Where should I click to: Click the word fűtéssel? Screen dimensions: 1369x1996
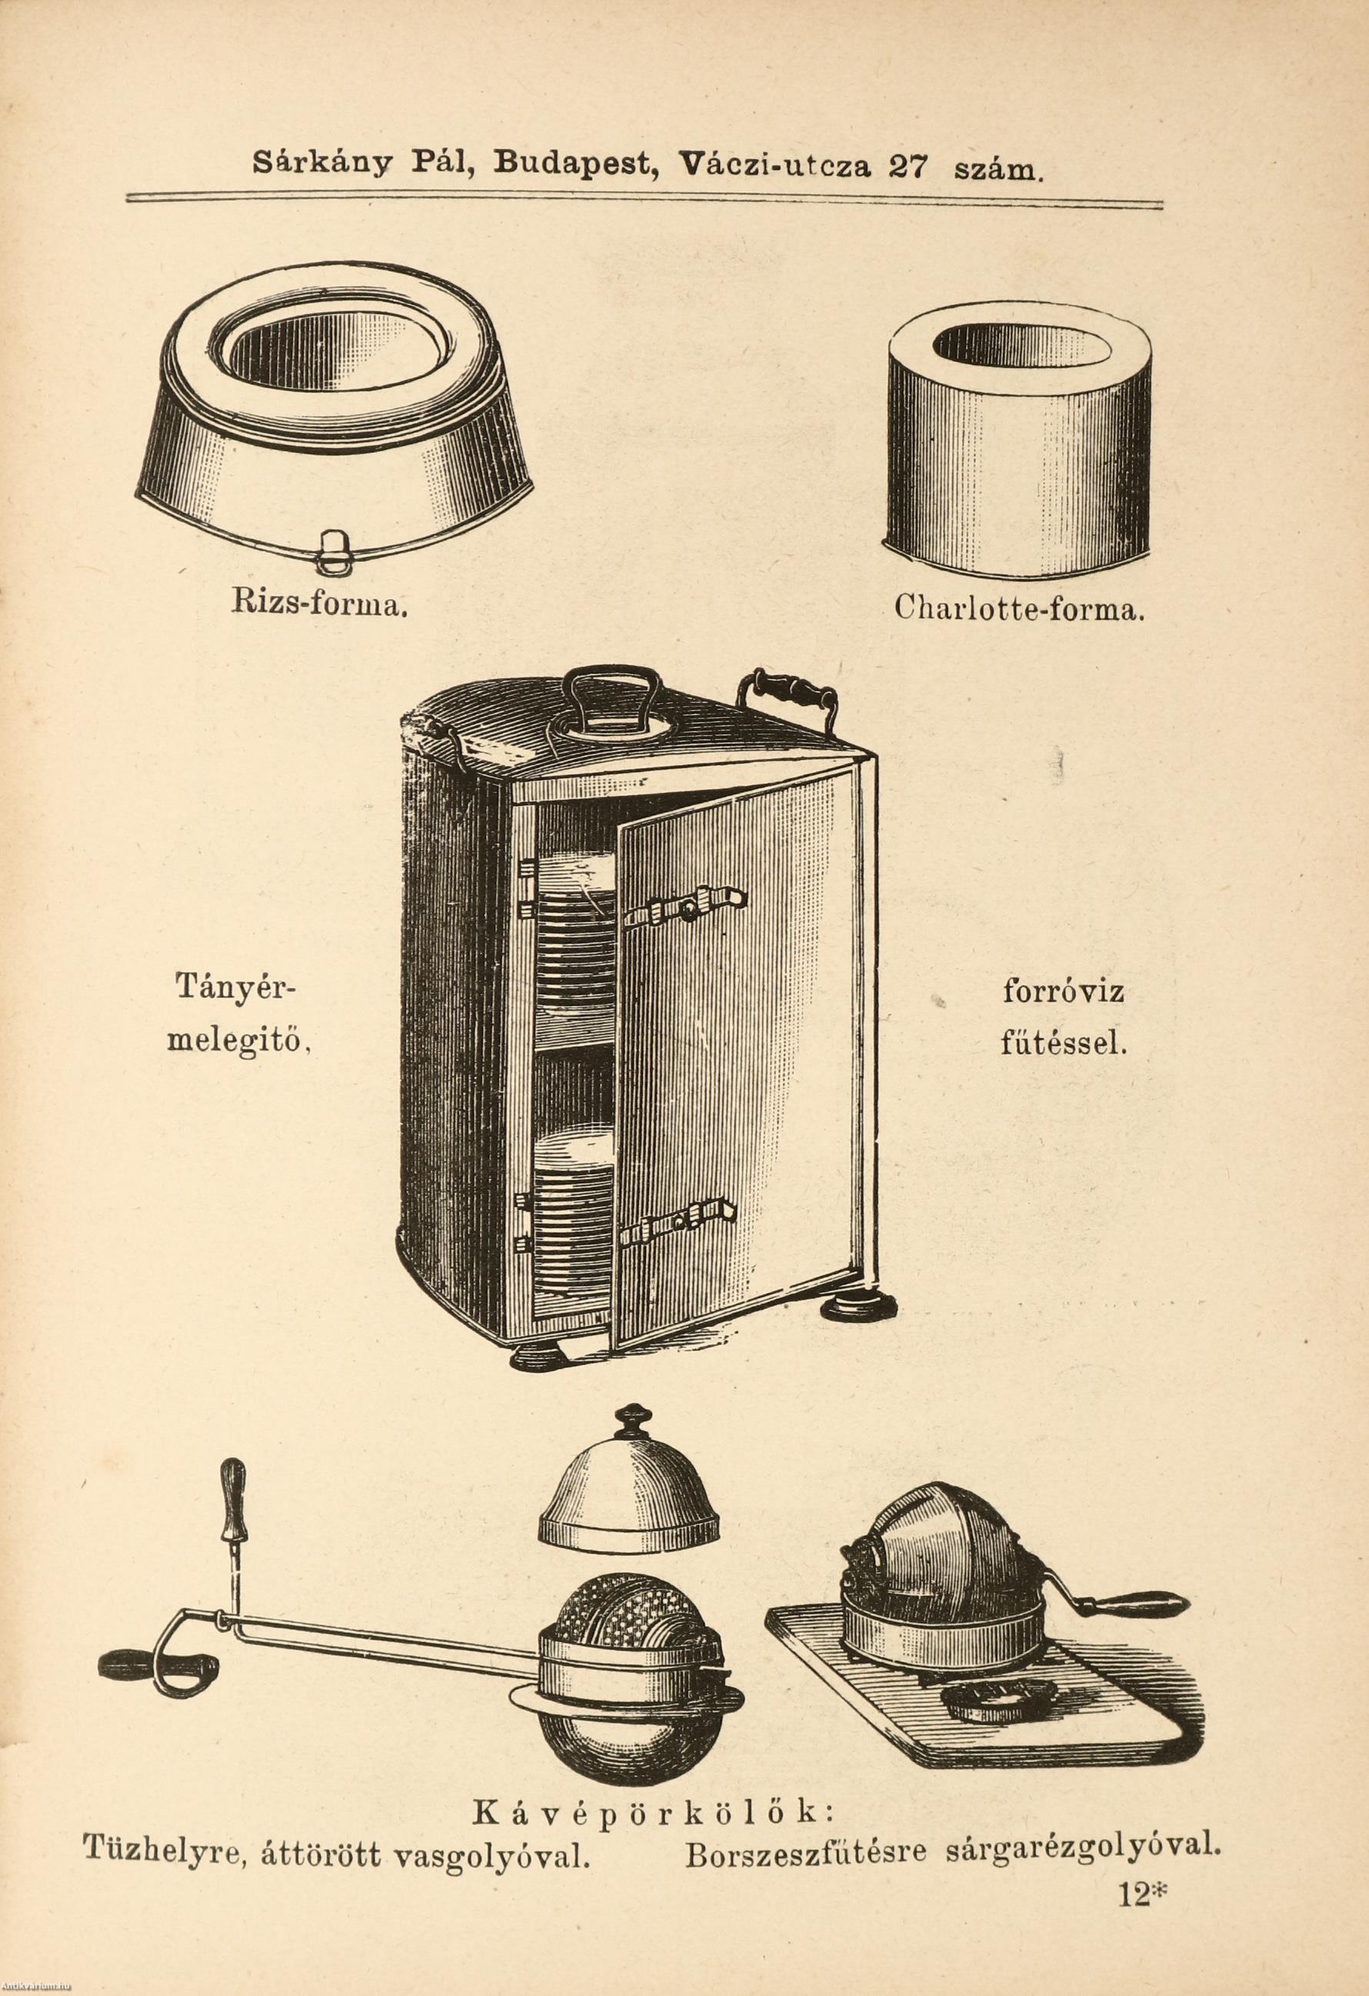point(1063,1043)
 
